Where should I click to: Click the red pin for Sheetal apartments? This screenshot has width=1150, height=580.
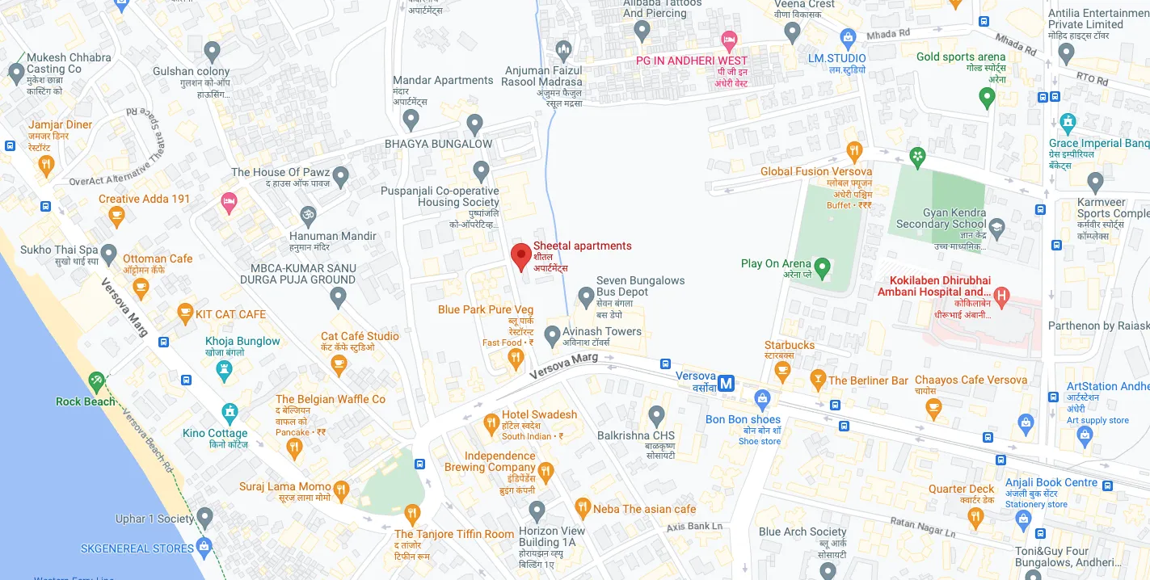coord(521,254)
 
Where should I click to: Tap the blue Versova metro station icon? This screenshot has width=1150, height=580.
coord(727,384)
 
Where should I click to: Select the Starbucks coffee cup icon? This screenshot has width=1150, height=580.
coord(781,370)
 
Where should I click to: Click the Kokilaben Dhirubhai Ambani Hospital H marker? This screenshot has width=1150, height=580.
coord(1002,296)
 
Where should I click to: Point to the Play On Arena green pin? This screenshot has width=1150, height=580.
coord(822,266)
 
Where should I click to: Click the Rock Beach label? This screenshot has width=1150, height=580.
coord(85,401)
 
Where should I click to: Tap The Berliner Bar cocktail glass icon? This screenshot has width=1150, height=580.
coord(817,380)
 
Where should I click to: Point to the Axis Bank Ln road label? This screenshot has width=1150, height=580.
coord(694,527)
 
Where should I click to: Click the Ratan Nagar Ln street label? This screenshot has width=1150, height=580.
coord(923,527)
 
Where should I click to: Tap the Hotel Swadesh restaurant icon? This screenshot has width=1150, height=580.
coord(491,422)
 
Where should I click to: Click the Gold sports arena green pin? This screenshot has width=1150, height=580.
coord(986,98)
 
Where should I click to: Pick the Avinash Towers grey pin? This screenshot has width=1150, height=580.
coord(552,334)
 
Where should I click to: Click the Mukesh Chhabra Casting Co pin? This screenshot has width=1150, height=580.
coord(16,74)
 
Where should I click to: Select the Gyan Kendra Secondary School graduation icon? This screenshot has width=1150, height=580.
coord(996,228)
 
